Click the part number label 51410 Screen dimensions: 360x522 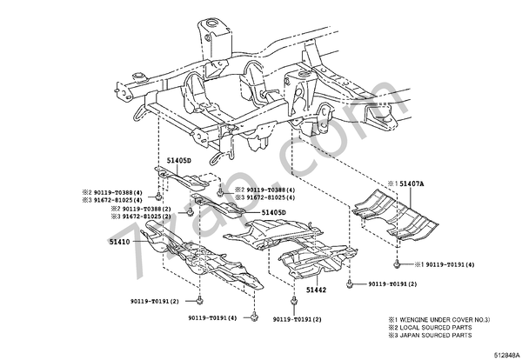pos(118,241)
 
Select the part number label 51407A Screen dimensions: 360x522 pos(412,184)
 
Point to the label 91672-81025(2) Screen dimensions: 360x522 pos(148,217)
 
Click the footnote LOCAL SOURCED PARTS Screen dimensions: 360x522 pos(438,328)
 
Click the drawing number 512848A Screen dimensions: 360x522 pos(502,353)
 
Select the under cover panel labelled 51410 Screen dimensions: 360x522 pos(200,257)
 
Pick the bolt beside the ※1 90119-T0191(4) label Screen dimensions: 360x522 pos(397,263)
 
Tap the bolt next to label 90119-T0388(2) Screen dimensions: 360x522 pos(191,210)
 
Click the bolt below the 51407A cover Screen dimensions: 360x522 pos(397,263)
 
